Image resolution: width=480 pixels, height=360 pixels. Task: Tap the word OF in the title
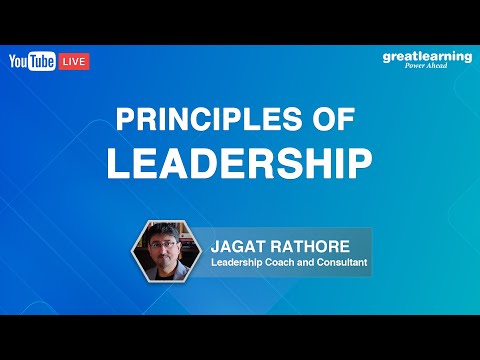coord(335,120)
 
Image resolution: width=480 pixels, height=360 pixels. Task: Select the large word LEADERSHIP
coord(240,161)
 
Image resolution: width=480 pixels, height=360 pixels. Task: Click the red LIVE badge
coord(75,61)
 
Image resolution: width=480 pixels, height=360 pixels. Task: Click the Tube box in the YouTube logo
coord(43,61)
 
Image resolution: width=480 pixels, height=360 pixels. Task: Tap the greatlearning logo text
coord(427,56)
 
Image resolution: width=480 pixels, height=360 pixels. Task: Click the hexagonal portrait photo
coord(168,251)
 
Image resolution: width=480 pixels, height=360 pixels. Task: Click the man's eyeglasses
coord(168,245)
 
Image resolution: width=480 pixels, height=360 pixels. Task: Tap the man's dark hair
coord(168,232)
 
